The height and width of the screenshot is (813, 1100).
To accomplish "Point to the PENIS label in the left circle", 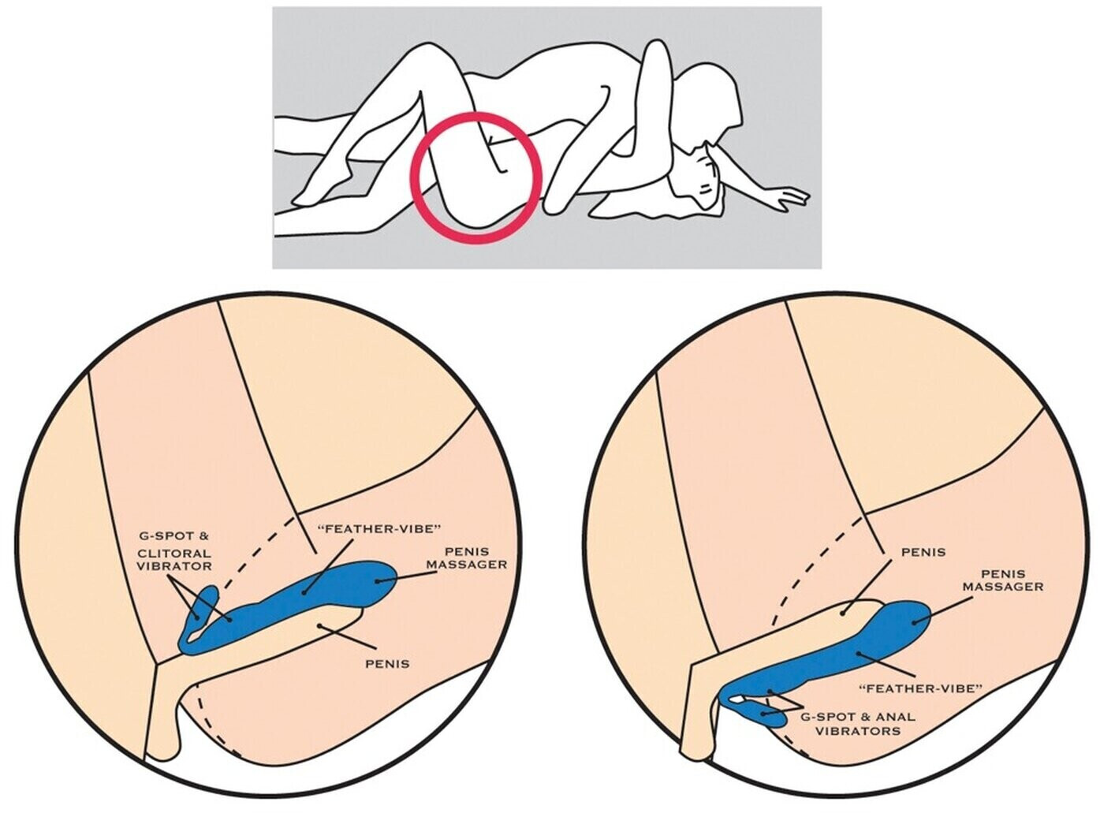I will pos(387,663).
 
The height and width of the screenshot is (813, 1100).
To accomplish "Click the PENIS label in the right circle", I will pos(923,552).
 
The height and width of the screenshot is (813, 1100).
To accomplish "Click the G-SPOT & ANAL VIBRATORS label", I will pos(858,724).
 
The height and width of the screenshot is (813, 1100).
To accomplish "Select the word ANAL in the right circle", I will pos(898,717).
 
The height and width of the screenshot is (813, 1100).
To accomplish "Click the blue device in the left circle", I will pos(315,591).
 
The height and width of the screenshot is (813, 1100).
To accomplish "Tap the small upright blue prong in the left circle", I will pos(207,599).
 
